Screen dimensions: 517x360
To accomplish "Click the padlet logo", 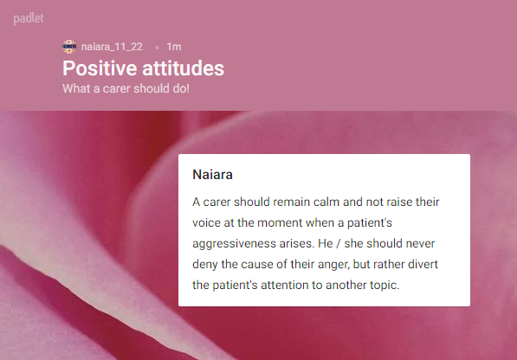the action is pos(29,18).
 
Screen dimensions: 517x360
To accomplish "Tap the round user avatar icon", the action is pos(69,47).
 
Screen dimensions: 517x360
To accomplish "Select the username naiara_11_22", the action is pos(112,47).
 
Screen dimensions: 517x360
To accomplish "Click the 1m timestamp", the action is pos(174,47).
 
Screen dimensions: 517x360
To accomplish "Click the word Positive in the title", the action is pos(100,68).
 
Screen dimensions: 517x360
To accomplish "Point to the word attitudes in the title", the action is pos(184,68).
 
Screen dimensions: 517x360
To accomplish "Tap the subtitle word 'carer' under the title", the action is pos(117,88).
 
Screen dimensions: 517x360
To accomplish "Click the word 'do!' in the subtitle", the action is pos(180,88).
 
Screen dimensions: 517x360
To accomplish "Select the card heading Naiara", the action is pos(213,174).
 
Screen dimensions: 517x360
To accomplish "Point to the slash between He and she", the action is pos(339,243).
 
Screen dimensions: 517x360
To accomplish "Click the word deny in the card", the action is pos(205,265).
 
